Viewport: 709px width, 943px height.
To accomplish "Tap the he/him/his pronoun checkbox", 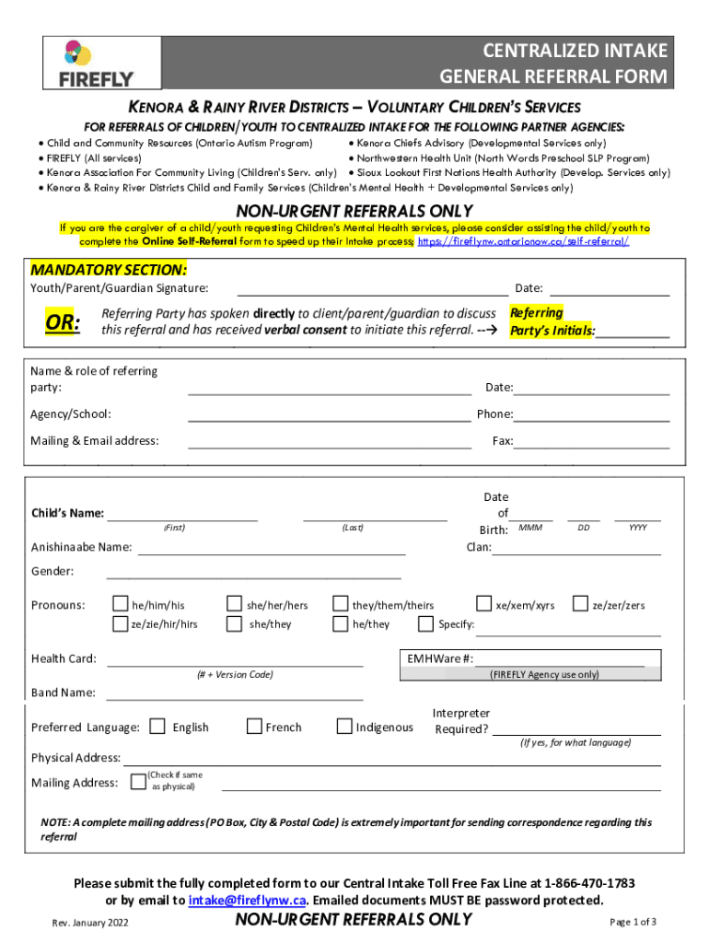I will pyautogui.click(x=121, y=604).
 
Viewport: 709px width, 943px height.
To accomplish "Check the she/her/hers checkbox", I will pyautogui.click(x=234, y=604).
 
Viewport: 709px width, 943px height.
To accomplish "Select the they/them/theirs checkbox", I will pyautogui.click(x=340, y=604).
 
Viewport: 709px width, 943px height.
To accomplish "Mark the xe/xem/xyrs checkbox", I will pyautogui.click(x=483, y=604).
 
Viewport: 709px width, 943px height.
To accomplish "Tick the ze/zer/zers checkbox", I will pyautogui.click(x=580, y=604).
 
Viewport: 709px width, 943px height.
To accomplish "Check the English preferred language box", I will pyautogui.click(x=157, y=727).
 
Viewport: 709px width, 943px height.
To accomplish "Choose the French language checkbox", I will pyautogui.click(x=254, y=727).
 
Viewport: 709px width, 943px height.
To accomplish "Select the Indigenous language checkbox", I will pyautogui.click(x=344, y=727).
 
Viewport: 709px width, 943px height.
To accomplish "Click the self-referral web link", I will pyautogui.click(x=524, y=241).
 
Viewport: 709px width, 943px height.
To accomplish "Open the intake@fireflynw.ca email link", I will pyautogui.click(x=246, y=900).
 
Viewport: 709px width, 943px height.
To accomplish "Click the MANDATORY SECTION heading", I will pyautogui.click(x=109, y=270).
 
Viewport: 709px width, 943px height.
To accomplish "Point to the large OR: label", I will pyautogui.click(x=64, y=322).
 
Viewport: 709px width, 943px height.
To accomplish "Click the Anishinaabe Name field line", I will pyautogui.click(x=272, y=550).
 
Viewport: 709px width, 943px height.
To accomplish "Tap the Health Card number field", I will pyautogui.click(x=235, y=659).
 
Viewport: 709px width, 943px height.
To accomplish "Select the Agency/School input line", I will pyautogui.click(x=329, y=415).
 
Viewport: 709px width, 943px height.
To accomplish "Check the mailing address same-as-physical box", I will pyautogui.click(x=138, y=781).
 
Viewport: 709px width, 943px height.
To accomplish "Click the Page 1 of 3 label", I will pyautogui.click(x=633, y=922).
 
